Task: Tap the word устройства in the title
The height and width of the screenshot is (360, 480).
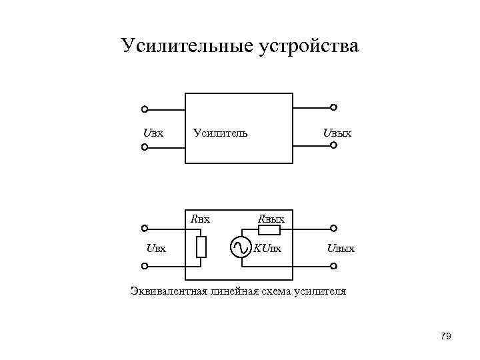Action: coord(307,46)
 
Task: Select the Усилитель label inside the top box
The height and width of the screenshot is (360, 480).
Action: coord(220,133)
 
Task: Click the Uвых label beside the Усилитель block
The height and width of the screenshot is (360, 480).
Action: coord(337,133)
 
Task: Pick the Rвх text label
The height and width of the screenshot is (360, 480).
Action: coord(200,218)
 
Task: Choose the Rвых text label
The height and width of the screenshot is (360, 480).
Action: coord(271,218)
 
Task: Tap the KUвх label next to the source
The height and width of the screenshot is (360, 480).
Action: coord(267,249)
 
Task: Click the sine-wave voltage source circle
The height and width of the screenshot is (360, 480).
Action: coord(241,248)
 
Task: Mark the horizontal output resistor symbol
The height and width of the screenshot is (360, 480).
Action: coord(269,231)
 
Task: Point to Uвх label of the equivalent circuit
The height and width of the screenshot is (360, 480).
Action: coord(156,249)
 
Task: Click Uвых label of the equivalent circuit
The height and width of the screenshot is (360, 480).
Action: coord(340,249)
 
